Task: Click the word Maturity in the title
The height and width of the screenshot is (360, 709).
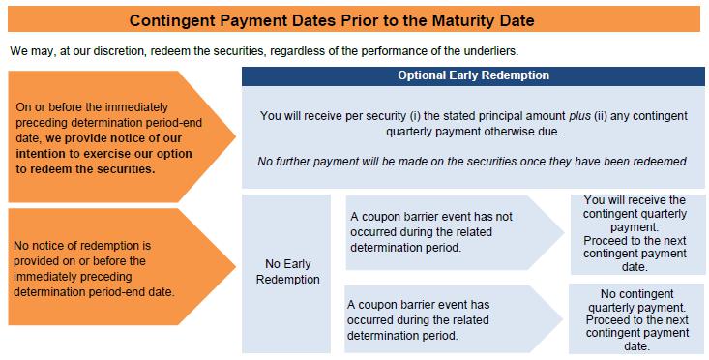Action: click(458, 20)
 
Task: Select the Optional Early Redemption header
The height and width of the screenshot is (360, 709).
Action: click(473, 76)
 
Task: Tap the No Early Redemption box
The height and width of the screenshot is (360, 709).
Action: click(286, 274)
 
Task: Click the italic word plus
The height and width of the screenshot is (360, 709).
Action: click(579, 116)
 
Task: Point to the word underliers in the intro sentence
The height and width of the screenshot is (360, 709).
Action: click(495, 51)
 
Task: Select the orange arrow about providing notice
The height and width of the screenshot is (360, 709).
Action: click(122, 136)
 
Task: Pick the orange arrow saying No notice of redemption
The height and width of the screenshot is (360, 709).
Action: click(122, 267)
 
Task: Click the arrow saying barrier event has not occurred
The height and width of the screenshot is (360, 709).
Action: click(455, 232)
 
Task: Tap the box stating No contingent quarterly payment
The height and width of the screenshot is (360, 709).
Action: click(636, 319)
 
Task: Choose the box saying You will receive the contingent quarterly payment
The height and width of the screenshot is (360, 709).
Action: click(637, 235)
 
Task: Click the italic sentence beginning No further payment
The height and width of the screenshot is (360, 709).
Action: click(473, 161)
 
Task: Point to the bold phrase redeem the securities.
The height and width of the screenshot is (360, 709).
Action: click(91, 168)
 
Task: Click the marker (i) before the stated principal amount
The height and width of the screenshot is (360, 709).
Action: click(415, 116)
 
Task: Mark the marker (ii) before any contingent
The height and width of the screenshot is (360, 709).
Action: click(602, 116)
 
